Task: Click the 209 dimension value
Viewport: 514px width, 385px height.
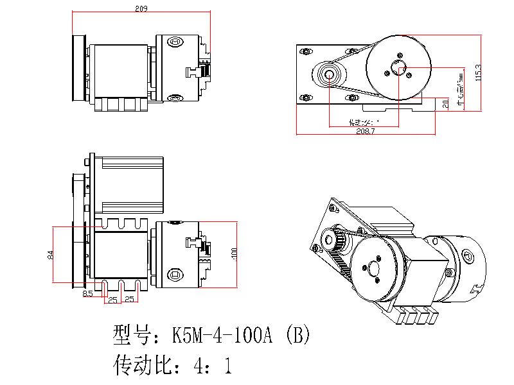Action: [x=142, y=9]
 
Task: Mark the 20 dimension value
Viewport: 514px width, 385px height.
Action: [x=445, y=103]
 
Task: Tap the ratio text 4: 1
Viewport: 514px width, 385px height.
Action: [x=211, y=366]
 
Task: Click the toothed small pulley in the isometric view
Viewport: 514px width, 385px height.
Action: [x=338, y=243]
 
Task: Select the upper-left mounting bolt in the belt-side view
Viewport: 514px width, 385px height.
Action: [x=303, y=49]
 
